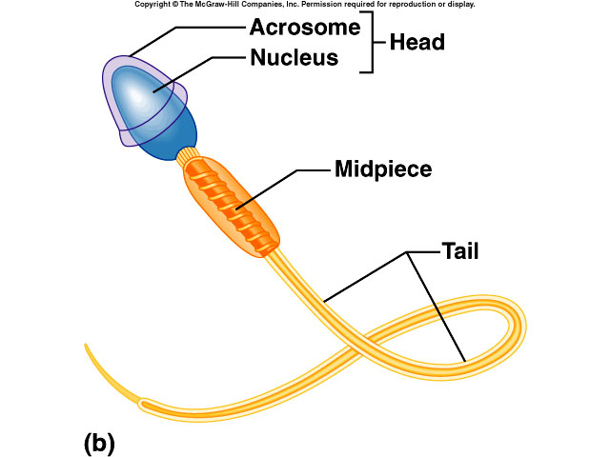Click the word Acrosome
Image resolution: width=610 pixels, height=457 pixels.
click(x=305, y=28)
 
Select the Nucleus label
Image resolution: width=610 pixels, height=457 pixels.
click(x=294, y=58)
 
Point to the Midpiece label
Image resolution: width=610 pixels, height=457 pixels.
click(x=383, y=170)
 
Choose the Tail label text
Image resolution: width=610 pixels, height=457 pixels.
click(x=459, y=252)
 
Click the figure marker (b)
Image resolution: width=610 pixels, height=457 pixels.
click(x=99, y=442)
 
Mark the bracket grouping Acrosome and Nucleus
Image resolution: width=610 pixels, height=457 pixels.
click(x=368, y=43)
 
